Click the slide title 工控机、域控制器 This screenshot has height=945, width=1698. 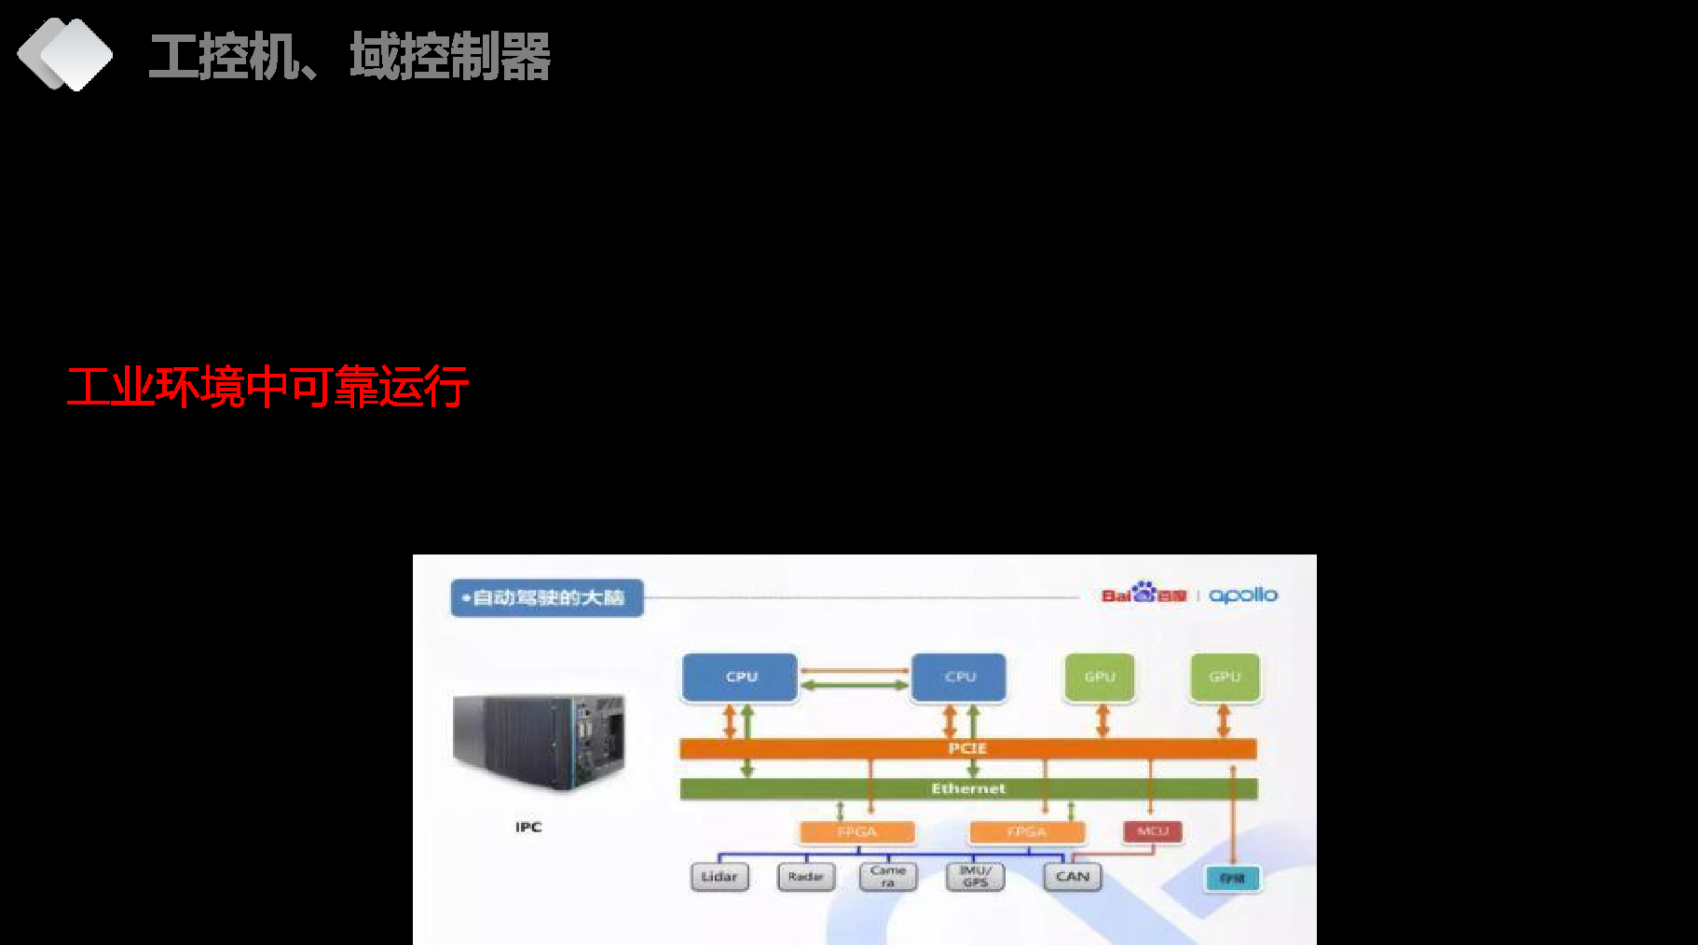point(349,56)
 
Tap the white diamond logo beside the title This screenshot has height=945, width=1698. point(64,54)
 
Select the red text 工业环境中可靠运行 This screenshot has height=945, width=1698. point(267,387)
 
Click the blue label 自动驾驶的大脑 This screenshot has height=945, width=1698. point(547,597)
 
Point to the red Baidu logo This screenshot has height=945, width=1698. point(1143,595)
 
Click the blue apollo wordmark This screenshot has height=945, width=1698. point(1243,595)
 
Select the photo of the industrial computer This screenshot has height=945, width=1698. point(538,743)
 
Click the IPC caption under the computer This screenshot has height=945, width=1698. point(528,827)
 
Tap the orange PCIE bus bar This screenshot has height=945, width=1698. point(967,748)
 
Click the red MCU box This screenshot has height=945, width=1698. point(1153,831)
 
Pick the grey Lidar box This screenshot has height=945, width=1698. point(719,877)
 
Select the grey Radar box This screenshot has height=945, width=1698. point(806,877)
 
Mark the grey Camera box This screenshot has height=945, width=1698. point(888,877)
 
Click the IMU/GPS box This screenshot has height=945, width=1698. point(975,877)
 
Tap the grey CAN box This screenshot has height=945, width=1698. point(1073,877)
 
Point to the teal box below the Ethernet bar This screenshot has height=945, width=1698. point(1232,879)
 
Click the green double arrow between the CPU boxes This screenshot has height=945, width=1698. point(855,686)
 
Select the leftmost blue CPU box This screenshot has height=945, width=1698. point(741,677)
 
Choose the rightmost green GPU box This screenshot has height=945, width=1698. point(1225,677)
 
